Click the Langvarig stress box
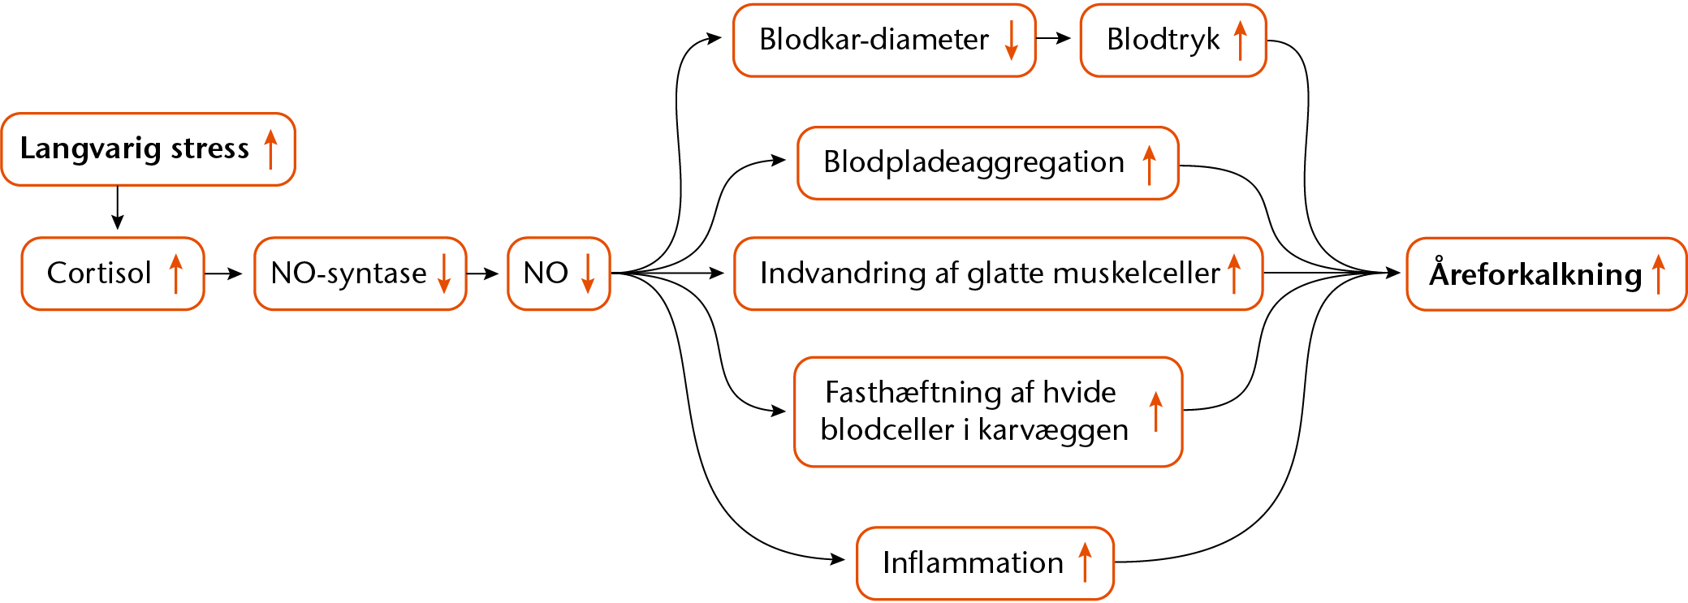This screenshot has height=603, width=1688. pyautogui.click(x=149, y=149)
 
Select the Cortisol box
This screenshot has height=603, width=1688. pyautogui.click(x=113, y=274)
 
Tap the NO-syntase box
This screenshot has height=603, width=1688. pyautogui.click(x=360, y=274)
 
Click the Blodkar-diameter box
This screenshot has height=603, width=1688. pyautogui.click(x=884, y=41)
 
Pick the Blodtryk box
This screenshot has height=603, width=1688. pyautogui.click(x=1173, y=41)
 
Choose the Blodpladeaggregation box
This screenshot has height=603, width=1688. pyautogui.click(x=988, y=163)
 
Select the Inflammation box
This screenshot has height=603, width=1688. pyautogui.click(x=985, y=563)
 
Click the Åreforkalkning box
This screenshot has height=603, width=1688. pyautogui.click(x=1547, y=274)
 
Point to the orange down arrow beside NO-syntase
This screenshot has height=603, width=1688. pyautogui.click(x=444, y=274)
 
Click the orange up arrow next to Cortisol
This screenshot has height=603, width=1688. pyautogui.click(x=175, y=274)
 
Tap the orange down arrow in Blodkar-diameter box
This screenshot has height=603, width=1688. pyautogui.click(x=1011, y=41)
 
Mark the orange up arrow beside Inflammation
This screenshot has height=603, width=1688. pyautogui.click(x=1085, y=562)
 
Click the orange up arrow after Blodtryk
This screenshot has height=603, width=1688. pyautogui.click(x=1240, y=41)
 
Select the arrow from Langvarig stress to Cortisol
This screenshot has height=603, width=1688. pyautogui.click(x=118, y=208)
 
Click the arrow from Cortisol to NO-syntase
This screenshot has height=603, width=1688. pyautogui.click(x=224, y=274)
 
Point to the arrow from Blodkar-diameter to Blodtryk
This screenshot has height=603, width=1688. pyautogui.click(x=1054, y=38)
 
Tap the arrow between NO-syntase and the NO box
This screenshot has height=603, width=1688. pyautogui.click(x=482, y=274)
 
